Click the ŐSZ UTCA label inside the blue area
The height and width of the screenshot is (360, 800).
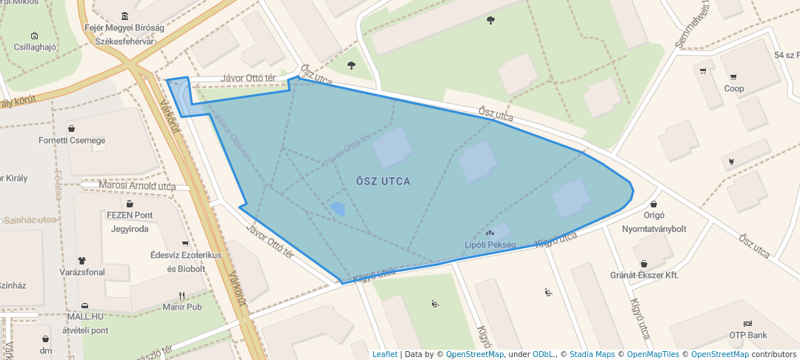tap(383, 181)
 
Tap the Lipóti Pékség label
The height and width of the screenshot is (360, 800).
tap(490, 244)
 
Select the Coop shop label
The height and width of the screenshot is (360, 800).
tap(734, 89)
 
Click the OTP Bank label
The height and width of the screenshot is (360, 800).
tap(747, 336)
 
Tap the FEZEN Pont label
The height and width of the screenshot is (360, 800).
tap(130, 216)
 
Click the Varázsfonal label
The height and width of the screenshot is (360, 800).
tap(82, 272)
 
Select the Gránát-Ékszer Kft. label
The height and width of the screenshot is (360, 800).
tap(644, 275)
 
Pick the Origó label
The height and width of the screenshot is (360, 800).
tap(653, 215)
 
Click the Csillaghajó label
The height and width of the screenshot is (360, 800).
tap(35, 47)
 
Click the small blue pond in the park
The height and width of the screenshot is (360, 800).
tap(337, 210)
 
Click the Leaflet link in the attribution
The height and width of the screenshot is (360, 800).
tap(384, 354)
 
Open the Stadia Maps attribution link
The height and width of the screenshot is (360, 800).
tap(591, 354)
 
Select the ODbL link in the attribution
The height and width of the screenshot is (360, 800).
tap(543, 354)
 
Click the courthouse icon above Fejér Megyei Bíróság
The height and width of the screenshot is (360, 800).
tap(124, 16)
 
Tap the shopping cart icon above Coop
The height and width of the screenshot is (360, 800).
tap(734, 77)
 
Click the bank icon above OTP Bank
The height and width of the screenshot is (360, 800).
tap(747, 324)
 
